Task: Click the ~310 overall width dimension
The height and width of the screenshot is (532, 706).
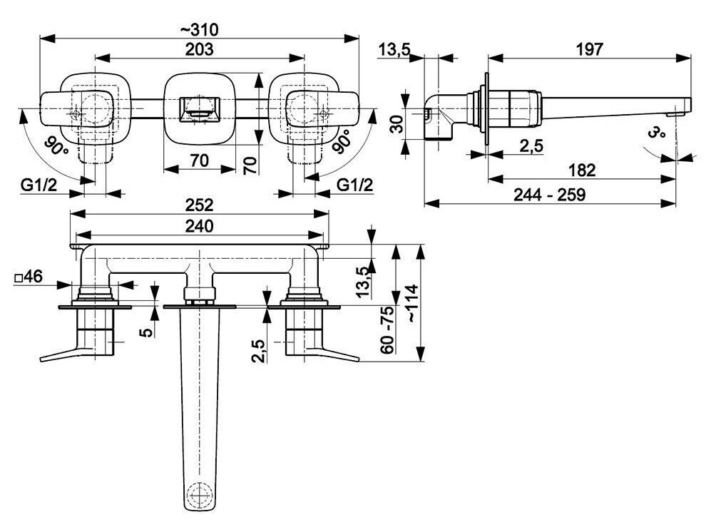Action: [199, 30]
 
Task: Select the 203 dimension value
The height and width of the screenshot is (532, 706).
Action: [200, 49]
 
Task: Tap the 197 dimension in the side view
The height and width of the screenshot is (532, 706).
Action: [589, 49]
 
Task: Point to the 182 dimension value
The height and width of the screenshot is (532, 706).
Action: [582, 170]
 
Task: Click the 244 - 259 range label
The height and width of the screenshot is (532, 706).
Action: [550, 195]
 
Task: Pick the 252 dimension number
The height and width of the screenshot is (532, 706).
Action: [200, 205]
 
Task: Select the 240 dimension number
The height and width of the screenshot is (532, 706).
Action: [200, 226]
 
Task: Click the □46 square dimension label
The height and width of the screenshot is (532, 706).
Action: [28, 277]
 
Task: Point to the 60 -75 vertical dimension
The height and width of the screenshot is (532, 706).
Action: [387, 329]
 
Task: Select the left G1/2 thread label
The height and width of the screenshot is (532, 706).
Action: [39, 185]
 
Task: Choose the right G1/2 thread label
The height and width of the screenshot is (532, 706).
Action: [355, 185]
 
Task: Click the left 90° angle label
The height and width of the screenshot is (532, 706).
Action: [56, 146]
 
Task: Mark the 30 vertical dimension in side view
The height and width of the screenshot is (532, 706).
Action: [397, 123]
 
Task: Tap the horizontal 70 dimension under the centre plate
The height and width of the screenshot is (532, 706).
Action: [200, 160]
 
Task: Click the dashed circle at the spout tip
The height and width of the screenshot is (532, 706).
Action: [200, 494]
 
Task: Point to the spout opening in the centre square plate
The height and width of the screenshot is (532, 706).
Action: [200, 109]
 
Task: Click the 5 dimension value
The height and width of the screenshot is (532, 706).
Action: [147, 332]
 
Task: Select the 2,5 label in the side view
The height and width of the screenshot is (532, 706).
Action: [531, 145]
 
